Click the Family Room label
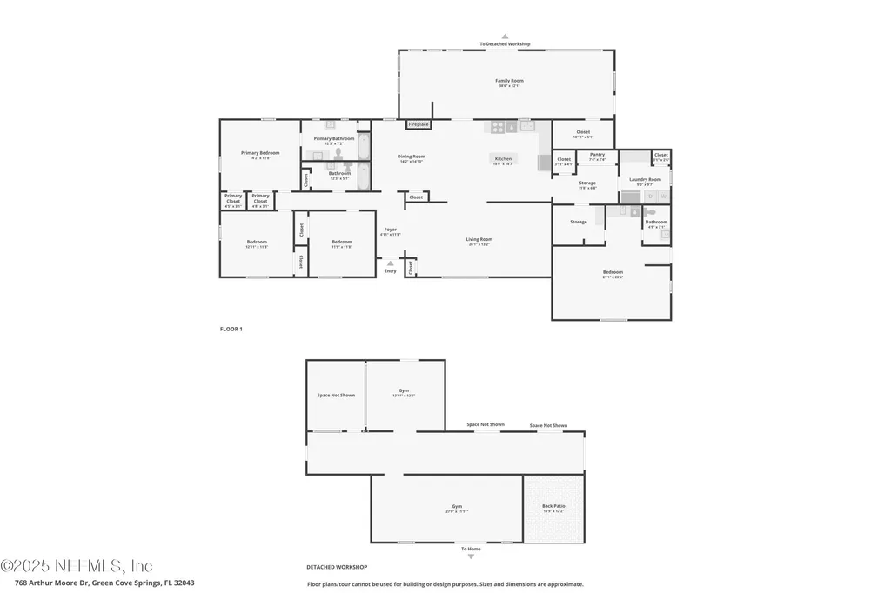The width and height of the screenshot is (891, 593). pos(510,81)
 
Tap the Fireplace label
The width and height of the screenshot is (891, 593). pos(419,124)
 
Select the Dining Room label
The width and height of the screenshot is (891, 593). pos(412,157)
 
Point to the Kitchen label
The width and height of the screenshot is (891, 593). pos(503,159)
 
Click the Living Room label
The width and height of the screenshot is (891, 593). pos(479,239)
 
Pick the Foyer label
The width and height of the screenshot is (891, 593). pos(390,230)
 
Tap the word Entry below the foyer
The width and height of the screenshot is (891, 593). pos(390,271)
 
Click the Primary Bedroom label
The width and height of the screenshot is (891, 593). pos(260,153)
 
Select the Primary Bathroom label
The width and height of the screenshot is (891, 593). pos(334,138)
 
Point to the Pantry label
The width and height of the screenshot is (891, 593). pos(597,155)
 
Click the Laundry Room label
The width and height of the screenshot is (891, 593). pos(645,180)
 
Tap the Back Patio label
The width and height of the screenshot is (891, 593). pos(553,506)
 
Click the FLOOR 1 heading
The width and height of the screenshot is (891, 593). pos(231,329)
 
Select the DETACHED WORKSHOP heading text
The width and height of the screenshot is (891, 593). pos(337,566)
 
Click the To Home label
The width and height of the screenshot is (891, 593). pos(470,549)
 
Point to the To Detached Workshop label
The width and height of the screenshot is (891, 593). pos(505,43)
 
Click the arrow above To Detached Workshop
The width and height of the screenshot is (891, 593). pos(505,37)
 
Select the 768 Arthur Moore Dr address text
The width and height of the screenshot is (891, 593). pos(104,583)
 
